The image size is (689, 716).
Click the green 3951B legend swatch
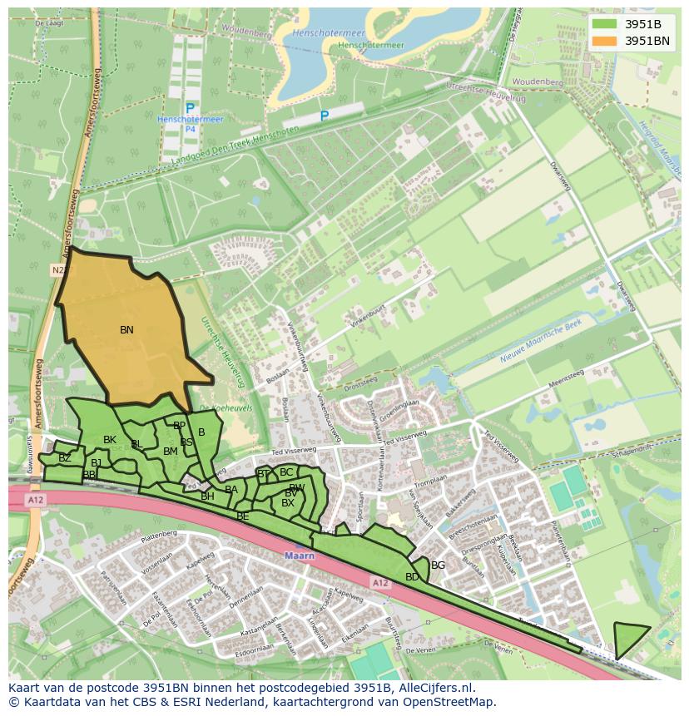click(605, 23)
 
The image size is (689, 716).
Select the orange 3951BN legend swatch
click(605, 40)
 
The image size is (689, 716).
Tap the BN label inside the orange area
click(126, 330)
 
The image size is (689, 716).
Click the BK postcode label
click(110, 440)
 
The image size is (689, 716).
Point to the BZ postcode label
click(65, 458)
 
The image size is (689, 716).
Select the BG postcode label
click(438, 565)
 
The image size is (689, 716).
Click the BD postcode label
click(412, 576)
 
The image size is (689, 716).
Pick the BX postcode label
click(288, 503)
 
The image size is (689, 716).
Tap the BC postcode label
click(286, 472)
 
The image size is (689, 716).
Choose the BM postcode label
click(171, 452)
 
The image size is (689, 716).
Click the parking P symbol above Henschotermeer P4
click(190, 108)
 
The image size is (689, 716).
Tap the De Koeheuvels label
click(215, 407)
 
